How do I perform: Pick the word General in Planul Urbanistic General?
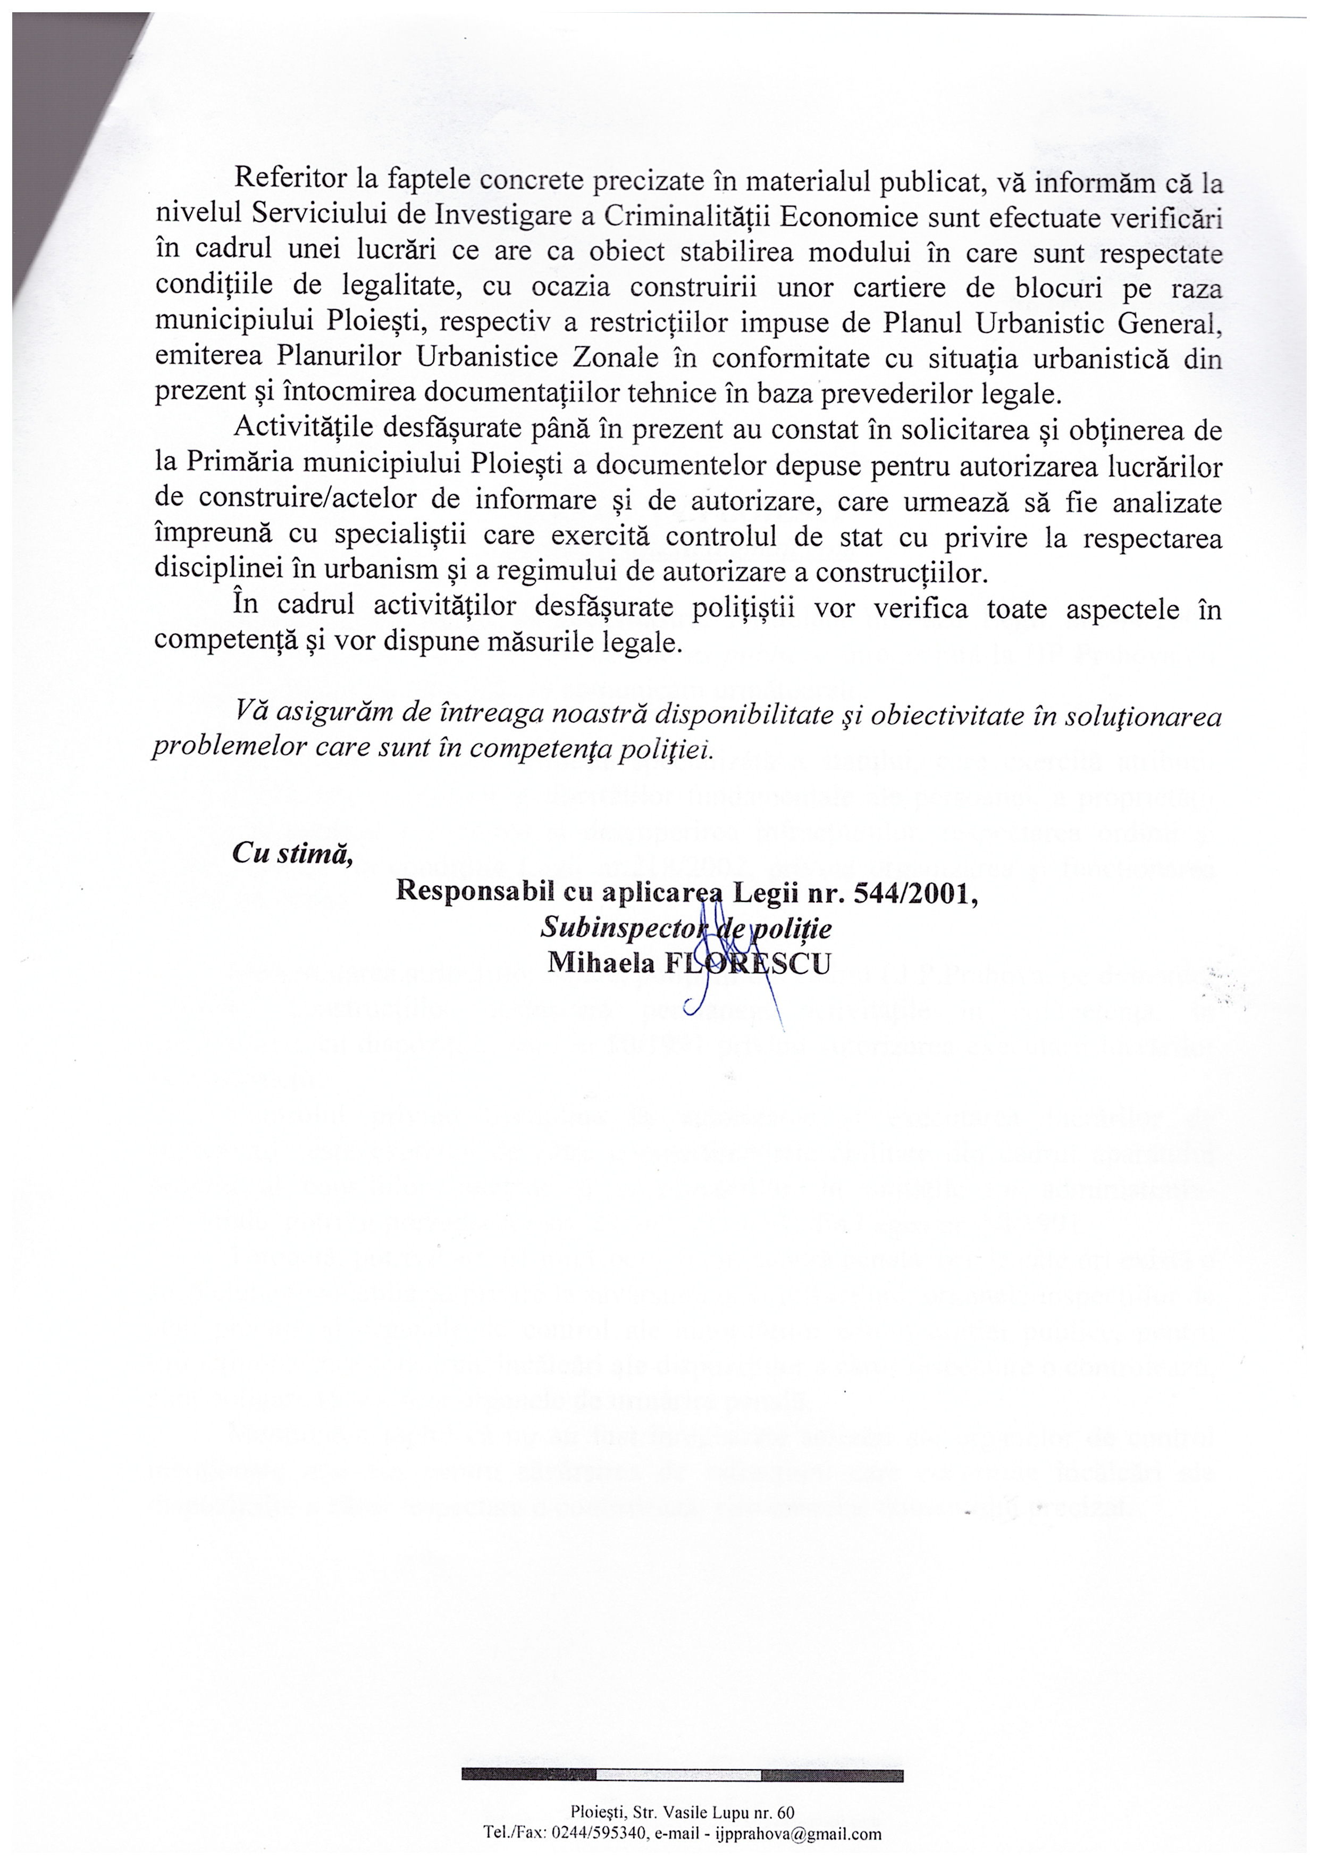pyautogui.click(x=1170, y=322)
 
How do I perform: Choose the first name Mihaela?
pyautogui.click(x=601, y=963)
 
